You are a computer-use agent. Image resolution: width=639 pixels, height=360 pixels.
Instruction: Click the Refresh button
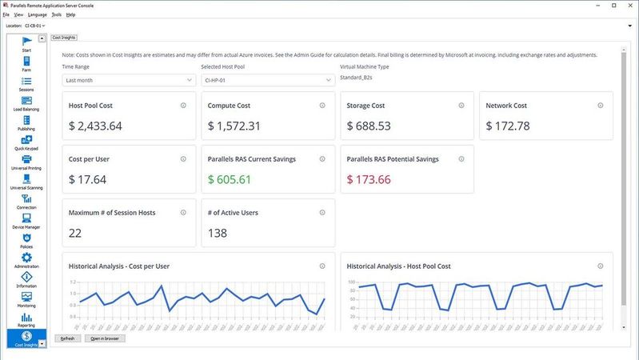point(67,338)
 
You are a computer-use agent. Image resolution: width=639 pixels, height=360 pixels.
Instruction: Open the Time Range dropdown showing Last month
point(129,80)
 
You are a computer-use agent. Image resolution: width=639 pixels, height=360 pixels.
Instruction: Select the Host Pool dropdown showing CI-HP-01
point(267,80)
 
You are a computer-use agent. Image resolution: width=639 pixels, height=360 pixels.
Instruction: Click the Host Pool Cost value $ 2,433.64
point(95,126)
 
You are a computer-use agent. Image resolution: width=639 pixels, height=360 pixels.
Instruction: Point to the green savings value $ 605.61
point(230,179)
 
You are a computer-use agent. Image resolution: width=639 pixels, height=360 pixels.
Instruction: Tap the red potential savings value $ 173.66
point(369,179)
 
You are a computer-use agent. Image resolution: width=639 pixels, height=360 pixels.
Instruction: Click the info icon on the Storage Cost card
point(461,106)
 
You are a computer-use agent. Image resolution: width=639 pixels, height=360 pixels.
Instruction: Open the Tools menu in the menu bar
point(56,14)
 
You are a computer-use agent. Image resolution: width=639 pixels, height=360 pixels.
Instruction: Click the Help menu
point(71,14)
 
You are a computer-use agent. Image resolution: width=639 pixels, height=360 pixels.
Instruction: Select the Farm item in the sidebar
point(26,63)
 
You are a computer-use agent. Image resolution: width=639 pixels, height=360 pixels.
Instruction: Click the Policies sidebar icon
point(26,240)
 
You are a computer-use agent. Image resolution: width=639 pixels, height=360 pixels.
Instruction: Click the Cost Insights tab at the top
point(64,37)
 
